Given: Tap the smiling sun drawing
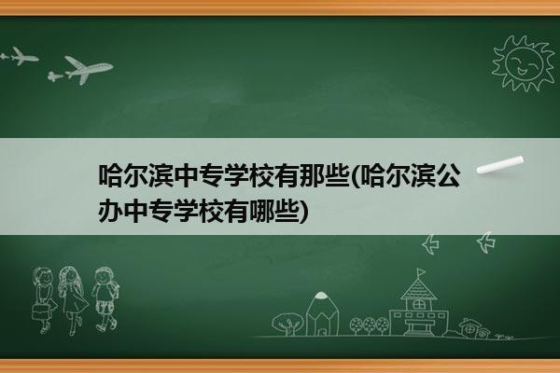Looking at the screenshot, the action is tap(524, 63).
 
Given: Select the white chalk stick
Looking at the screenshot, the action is tap(500, 164).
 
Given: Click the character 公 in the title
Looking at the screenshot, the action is tap(449, 175).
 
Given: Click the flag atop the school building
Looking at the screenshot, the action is tap(422, 272).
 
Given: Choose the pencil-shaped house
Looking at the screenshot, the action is tap(322, 313).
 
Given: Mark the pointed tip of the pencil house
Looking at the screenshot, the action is tap(321, 293).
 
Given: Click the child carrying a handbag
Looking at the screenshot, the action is tap(44, 300).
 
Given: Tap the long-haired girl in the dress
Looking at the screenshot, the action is tap(73, 300).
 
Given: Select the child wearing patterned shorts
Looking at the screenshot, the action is tap(105, 299).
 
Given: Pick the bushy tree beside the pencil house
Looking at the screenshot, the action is tap(287, 324).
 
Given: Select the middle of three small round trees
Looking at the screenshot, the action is tap(369, 325).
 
